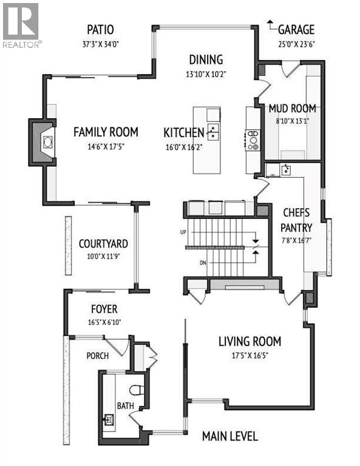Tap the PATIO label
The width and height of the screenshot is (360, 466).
[x=100, y=30]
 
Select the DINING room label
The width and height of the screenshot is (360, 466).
[x=206, y=59]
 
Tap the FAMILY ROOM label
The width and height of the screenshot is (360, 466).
[x=106, y=132]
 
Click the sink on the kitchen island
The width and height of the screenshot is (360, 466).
[x=212, y=129]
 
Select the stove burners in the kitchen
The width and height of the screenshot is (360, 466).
[x=252, y=141]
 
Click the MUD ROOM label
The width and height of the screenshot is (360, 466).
[x=293, y=109]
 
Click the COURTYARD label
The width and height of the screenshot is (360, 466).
[x=103, y=244]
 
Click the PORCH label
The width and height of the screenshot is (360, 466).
[x=97, y=356]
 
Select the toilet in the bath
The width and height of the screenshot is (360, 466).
[x=137, y=389]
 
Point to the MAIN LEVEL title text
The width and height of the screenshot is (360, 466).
[x=230, y=436]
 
